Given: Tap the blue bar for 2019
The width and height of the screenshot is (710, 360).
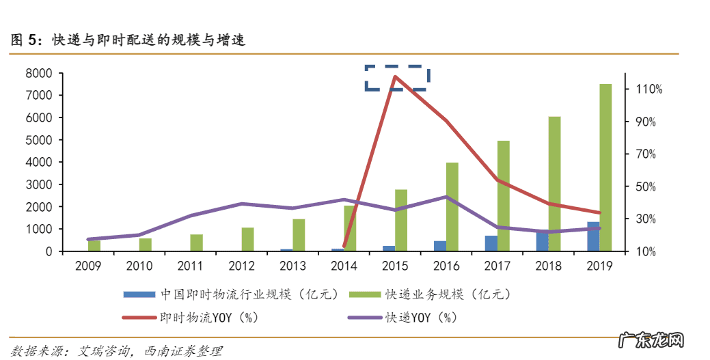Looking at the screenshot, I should pos(593,236).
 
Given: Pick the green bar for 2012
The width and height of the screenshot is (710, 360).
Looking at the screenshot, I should pos(247,239).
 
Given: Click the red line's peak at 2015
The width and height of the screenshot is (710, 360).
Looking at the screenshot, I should pos(395,76).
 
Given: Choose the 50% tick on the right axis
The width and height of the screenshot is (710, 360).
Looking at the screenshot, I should pos(647,186).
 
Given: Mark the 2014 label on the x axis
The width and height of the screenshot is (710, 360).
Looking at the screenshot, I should pos(343,265).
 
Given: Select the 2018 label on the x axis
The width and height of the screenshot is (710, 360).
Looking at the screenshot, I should pos(547,265).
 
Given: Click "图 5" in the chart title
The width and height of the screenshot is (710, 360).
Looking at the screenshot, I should pos(25,40).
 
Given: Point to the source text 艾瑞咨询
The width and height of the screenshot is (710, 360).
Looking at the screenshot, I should pos(103,351).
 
